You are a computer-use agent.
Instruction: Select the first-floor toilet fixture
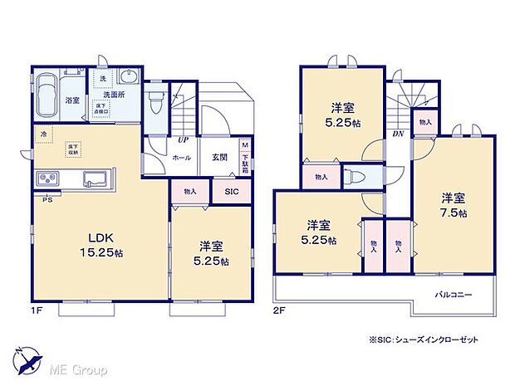155,101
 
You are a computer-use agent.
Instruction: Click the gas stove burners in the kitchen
47,180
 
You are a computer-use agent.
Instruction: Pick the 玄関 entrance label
218,157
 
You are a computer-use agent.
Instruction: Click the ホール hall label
181,157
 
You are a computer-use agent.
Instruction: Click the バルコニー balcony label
454,295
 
